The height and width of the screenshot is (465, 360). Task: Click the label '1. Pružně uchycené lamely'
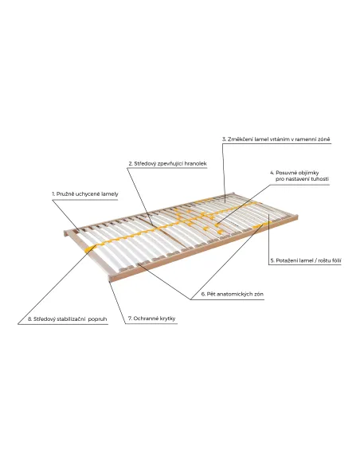[x=85, y=194]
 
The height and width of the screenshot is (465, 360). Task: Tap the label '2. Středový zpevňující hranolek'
[x=167, y=164]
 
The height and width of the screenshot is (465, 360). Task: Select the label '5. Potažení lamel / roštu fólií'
[x=306, y=260]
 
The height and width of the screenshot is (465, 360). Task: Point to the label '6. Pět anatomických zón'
[x=233, y=294]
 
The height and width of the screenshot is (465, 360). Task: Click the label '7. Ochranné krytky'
[x=151, y=318]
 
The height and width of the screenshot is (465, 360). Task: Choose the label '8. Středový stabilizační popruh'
[x=68, y=319]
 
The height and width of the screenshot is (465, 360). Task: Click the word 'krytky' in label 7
[x=167, y=318]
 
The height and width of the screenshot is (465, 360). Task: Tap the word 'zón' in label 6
[x=259, y=294]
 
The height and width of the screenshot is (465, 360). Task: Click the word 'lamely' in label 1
[x=110, y=194]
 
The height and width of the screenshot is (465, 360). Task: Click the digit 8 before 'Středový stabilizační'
[x=29, y=319]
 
